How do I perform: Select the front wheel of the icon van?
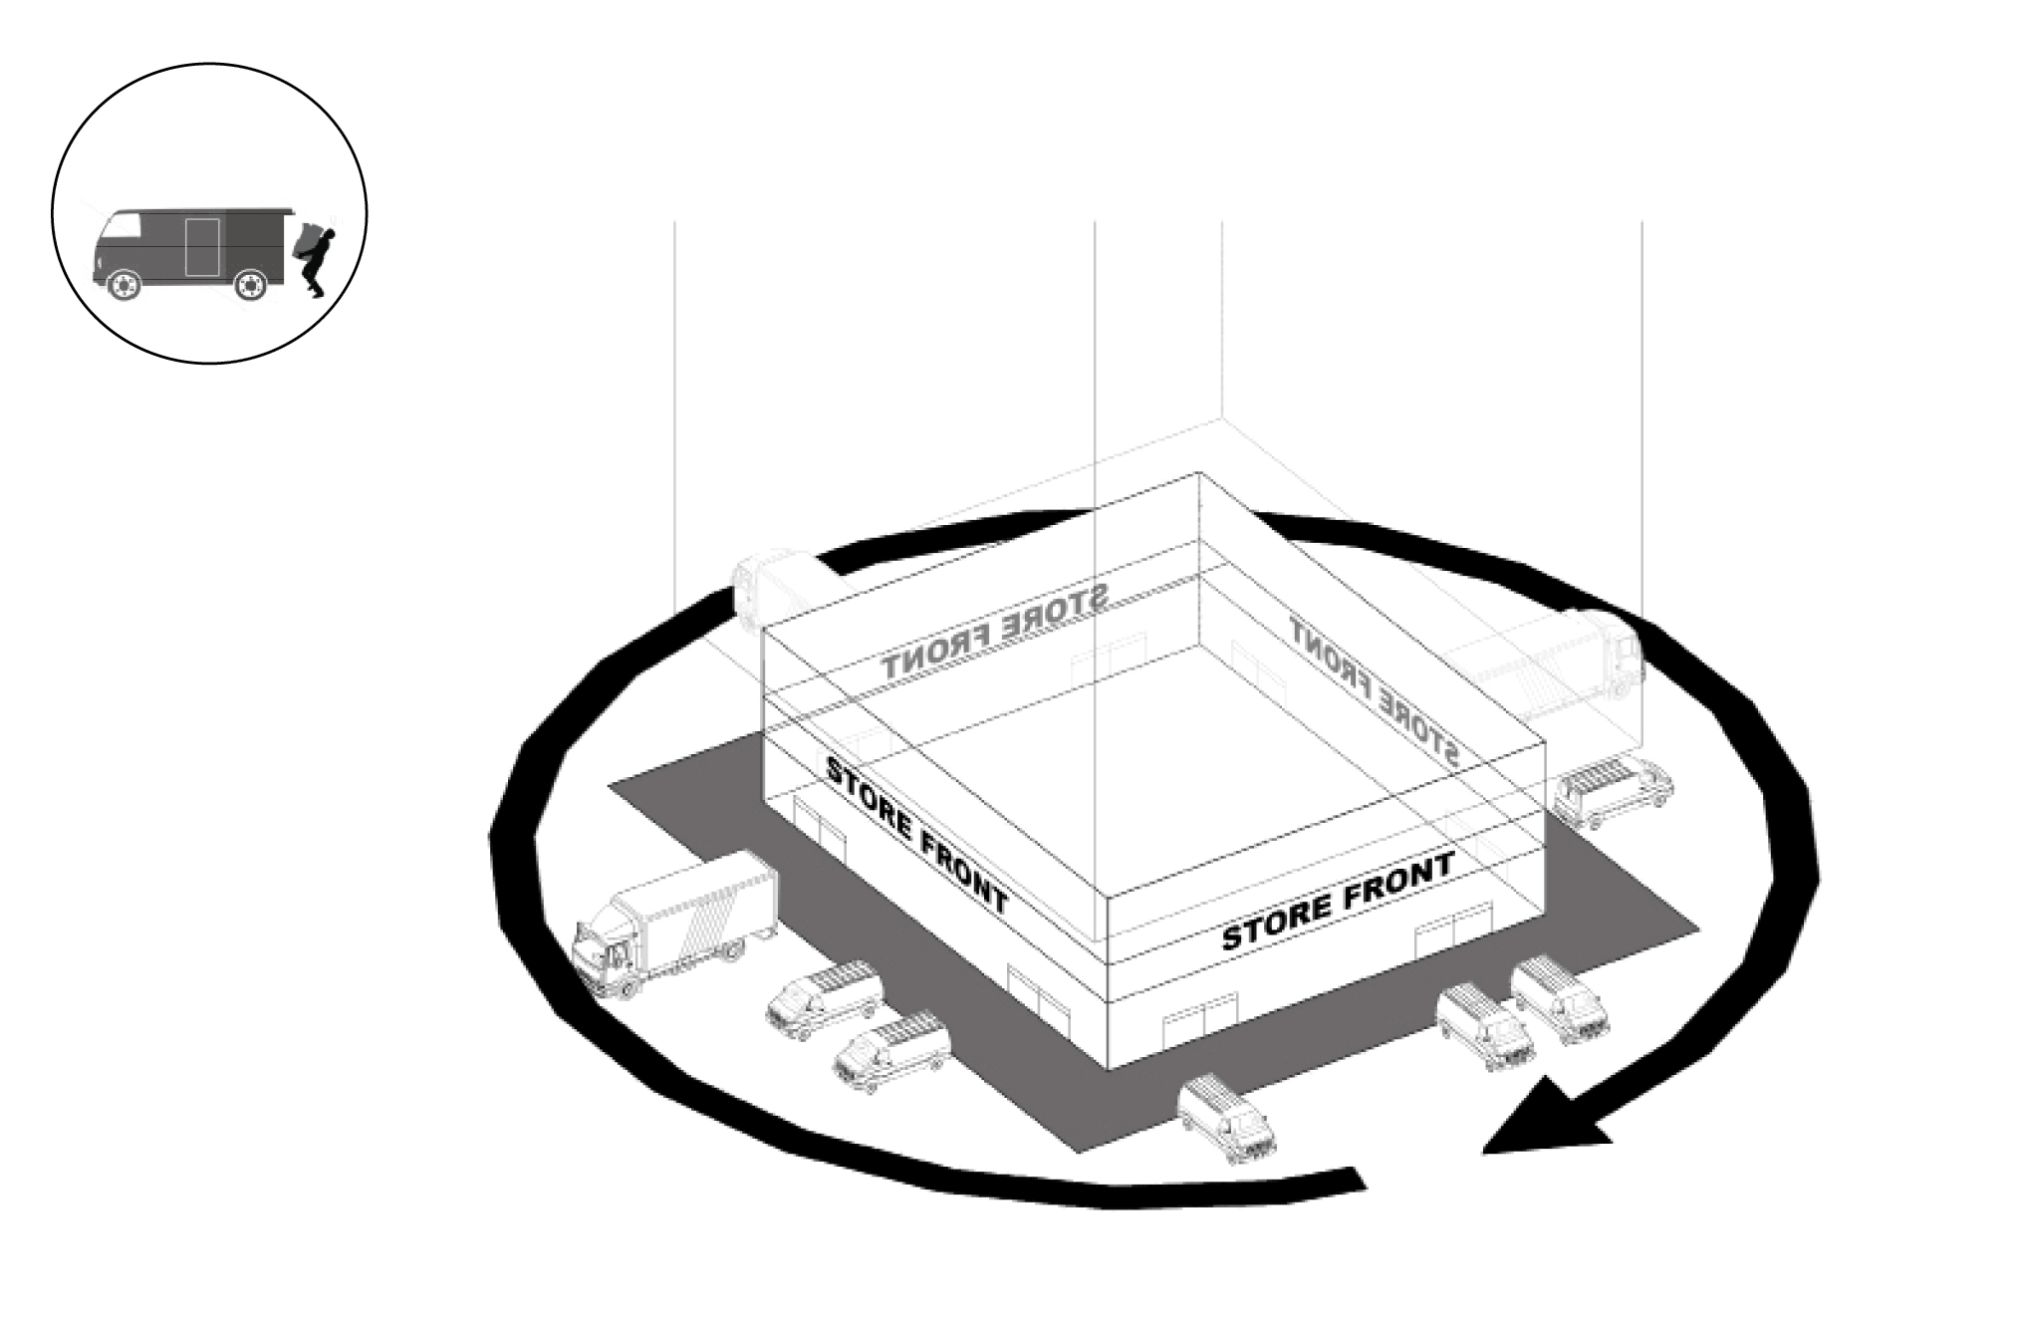(122, 286)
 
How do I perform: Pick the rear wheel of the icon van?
(249, 286)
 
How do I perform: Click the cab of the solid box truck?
(608, 951)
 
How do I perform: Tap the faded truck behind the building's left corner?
(772, 588)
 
